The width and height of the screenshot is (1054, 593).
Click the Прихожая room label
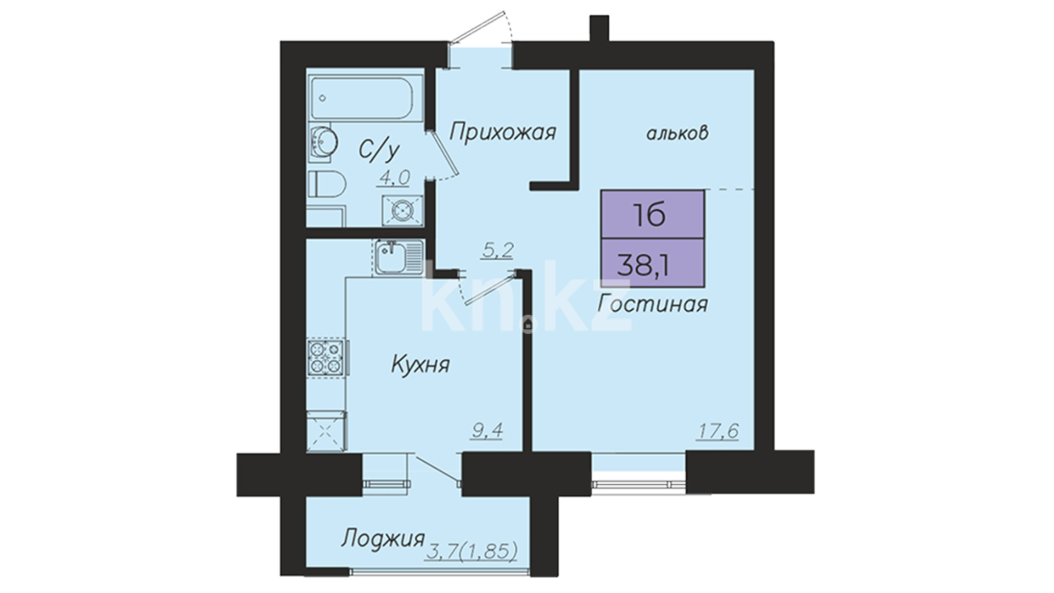[503, 132]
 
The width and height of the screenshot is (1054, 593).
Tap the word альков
[677, 133]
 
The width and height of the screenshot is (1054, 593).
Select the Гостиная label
[653, 304]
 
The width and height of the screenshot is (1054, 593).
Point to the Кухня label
[420, 364]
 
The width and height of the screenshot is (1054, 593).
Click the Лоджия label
[383, 539]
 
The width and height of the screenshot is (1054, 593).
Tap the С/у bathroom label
[379, 151]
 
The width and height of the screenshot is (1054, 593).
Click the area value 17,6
[717, 431]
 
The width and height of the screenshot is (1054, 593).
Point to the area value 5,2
[497, 251]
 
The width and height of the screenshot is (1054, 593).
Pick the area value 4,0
[393, 178]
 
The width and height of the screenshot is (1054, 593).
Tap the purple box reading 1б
[652, 215]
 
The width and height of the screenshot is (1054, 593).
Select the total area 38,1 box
[652, 262]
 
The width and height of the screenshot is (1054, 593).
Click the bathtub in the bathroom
[367, 99]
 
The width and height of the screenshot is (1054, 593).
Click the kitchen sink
[399, 257]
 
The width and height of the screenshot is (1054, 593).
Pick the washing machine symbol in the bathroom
[403, 210]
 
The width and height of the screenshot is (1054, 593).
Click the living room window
[639, 483]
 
